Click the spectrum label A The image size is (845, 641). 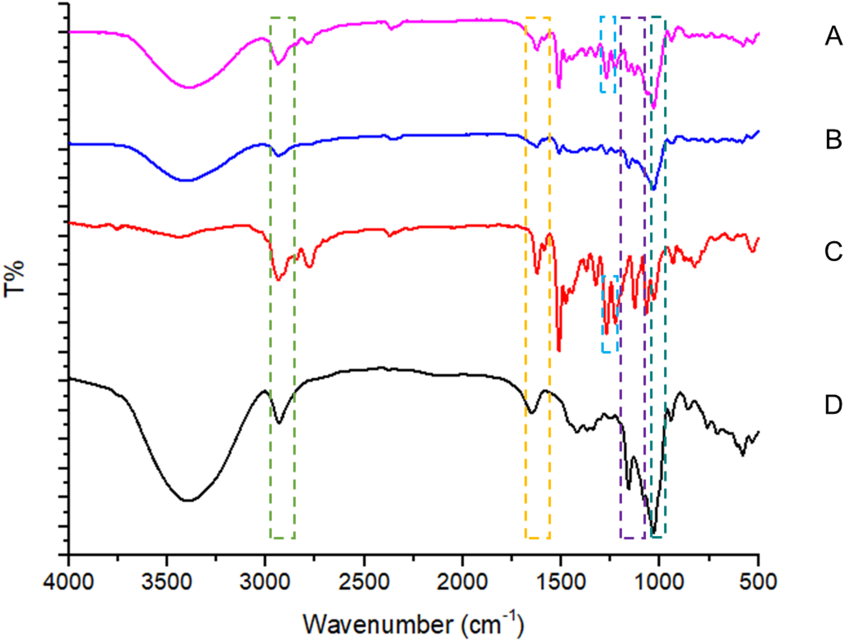pyautogui.click(x=833, y=36)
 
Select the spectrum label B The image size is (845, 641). pyautogui.click(x=833, y=140)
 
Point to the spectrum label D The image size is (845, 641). pyautogui.click(x=833, y=405)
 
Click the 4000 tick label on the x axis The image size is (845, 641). pyautogui.click(x=69, y=583)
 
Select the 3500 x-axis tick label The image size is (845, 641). pyautogui.click(x=167, y=583)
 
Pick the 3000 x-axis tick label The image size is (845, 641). pyautogui.click(x=265, y=583)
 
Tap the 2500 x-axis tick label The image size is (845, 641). pyautogui.click(x=364, y=583)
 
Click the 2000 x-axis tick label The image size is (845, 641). pyautogui.click(x=462, y=583)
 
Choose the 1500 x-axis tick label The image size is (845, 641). pyautogui.click(x=561, y=583)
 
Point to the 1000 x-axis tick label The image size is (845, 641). pyautogui.click(x=659, y=583)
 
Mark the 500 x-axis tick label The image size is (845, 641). pyautogui.click(x=758, y=583)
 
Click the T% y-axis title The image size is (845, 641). pyautogui.click(x=14, y=279)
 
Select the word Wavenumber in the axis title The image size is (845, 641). pyautogui.click(x=378, y=625)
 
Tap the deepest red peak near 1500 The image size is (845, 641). pyautogui.click(x=559, y=350)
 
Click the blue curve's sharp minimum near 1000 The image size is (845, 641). pyautogui.click(x=654, y=189)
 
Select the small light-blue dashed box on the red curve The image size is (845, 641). pyautogui.click(x=610, y=314)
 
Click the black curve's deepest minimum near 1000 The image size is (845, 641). pyautogui.click(x=654, y=532)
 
